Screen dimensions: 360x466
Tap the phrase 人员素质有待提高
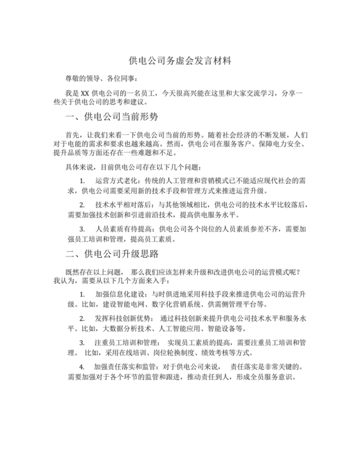[x=122, y=228]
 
